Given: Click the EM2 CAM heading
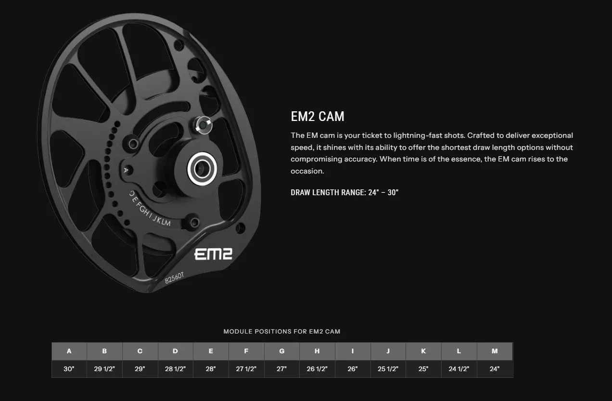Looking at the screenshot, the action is [x=317, y=116].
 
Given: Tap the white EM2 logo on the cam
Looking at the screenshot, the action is [x=213, y=254].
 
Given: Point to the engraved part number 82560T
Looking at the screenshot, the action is [x=174, y=278].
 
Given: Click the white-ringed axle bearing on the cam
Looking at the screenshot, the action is [x=202, y=169].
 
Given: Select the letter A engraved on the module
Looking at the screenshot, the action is [x=126, y=170].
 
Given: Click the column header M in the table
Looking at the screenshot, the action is [x=495, y=351].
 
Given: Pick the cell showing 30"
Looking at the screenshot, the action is [x=69, y=369].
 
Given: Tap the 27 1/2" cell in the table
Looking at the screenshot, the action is [x=246, y=369].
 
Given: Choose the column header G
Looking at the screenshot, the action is [x=281, y=351].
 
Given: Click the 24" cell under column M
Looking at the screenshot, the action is [x=495, y=369].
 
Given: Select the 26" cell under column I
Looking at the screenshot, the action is [x=353, y=369].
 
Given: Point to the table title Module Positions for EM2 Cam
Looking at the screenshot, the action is [x=282, y=332].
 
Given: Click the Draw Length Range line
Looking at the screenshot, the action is [x=344, y=192].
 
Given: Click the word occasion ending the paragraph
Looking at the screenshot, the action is [x=307, y=171].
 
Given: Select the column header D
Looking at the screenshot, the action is [x=175, y=351].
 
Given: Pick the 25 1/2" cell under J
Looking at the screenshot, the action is [x=388, y=369].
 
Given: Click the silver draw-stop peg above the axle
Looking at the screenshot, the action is [x=203, y=125].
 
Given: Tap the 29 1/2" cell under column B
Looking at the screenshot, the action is [x=104, y=369].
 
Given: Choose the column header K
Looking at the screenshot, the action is [x=423, y=351].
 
